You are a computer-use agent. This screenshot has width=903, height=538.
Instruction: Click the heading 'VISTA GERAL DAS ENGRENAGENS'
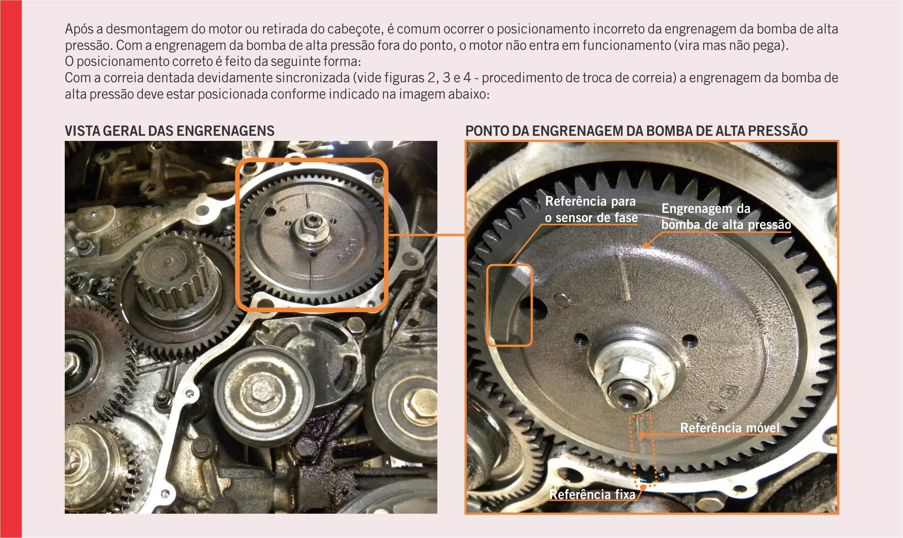170,131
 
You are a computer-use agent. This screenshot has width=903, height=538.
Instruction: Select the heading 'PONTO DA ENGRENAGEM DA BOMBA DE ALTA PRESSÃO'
636,131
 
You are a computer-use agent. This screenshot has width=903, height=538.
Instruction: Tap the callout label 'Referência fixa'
592,494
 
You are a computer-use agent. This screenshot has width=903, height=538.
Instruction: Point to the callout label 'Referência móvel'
730,428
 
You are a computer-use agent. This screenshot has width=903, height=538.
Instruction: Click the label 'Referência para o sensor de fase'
591,209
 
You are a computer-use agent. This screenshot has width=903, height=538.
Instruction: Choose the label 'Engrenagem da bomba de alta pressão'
726,217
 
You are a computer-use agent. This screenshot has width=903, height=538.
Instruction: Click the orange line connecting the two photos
426,235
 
